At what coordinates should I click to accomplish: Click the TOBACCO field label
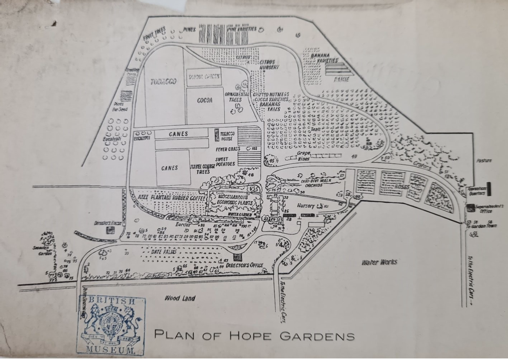tap(163, 82)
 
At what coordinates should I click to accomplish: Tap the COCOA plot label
tap(205, 100)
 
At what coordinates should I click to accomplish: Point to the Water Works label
tap(379, 262)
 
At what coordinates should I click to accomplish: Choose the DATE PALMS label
tap(164, 252)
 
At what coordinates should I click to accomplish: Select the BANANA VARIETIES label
tap(325, 58)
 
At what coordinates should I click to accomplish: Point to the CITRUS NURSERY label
tap(269, 64)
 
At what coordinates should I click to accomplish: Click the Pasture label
tap(484, 161)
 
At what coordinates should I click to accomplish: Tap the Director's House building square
tap(111, 230)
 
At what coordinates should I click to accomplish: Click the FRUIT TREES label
tap(154, 34)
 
